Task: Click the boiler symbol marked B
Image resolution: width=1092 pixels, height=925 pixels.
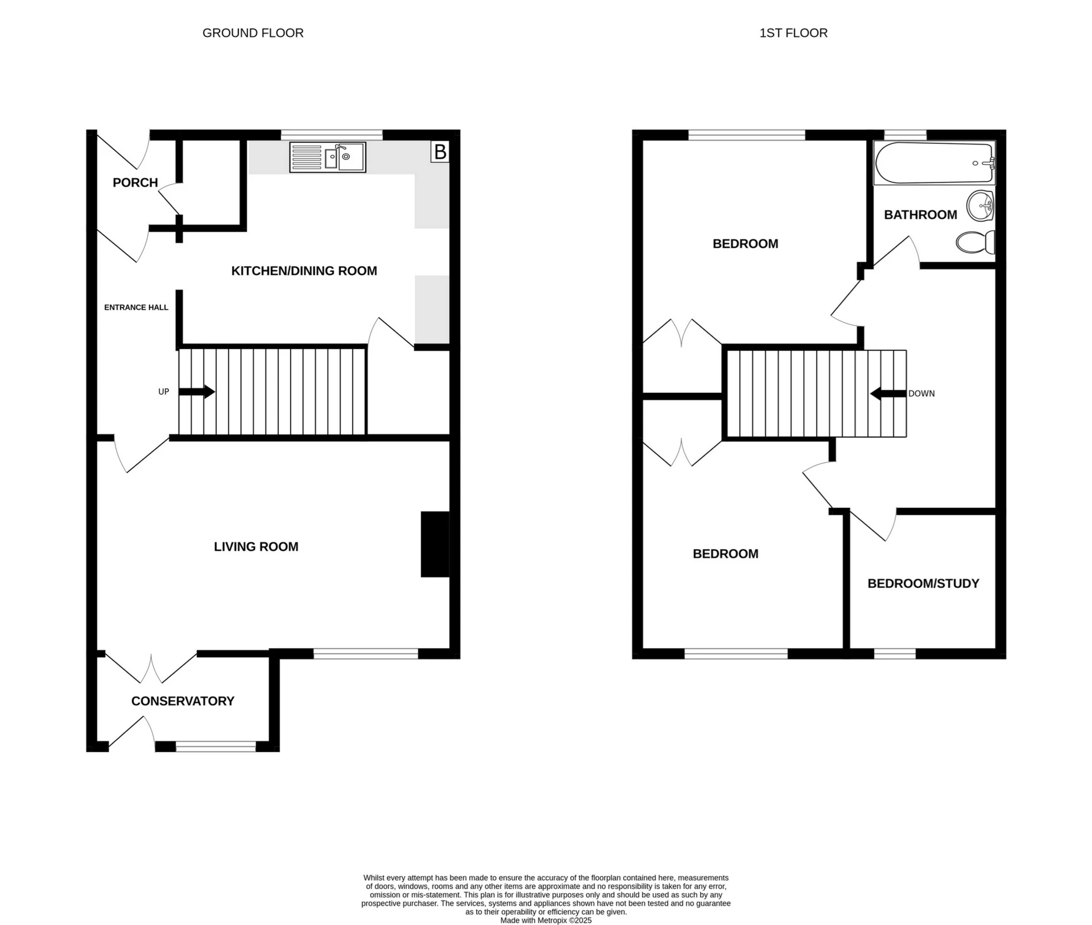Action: click(440, 152)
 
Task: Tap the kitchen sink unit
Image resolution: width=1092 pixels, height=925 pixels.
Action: click(328, 157)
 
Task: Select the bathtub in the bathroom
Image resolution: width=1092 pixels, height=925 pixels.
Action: click(934, 163)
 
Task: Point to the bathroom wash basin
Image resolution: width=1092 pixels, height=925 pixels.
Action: click(980, 205)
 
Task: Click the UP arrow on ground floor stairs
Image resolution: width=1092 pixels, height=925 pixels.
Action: click(196, 392)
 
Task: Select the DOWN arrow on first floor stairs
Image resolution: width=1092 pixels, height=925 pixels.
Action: click(888, 393)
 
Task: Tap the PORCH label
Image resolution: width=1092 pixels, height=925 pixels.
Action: click(135, 182)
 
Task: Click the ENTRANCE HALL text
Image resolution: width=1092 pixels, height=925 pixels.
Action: click(136, 308)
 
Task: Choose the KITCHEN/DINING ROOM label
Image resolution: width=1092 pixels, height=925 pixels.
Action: click(304, 271)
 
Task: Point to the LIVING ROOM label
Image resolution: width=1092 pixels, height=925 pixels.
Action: click(256, 547)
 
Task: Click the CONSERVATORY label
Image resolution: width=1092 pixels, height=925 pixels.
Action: click(183, 701)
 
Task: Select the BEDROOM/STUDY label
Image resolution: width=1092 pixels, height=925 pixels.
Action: click(923, 583)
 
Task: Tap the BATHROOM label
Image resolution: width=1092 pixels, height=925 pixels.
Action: click(920, 215)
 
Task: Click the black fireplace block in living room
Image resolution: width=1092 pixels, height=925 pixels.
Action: click(435, 544)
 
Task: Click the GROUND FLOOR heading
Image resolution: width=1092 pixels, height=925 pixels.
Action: click(253, 33)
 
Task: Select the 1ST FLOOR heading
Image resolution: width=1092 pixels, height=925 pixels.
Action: click(793, 33)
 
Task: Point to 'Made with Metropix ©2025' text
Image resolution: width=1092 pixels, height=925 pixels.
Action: click(545, 920)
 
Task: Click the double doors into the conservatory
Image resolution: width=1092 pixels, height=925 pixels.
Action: click(151, 668)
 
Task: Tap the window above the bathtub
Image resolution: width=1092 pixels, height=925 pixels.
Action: click(905, 134)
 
